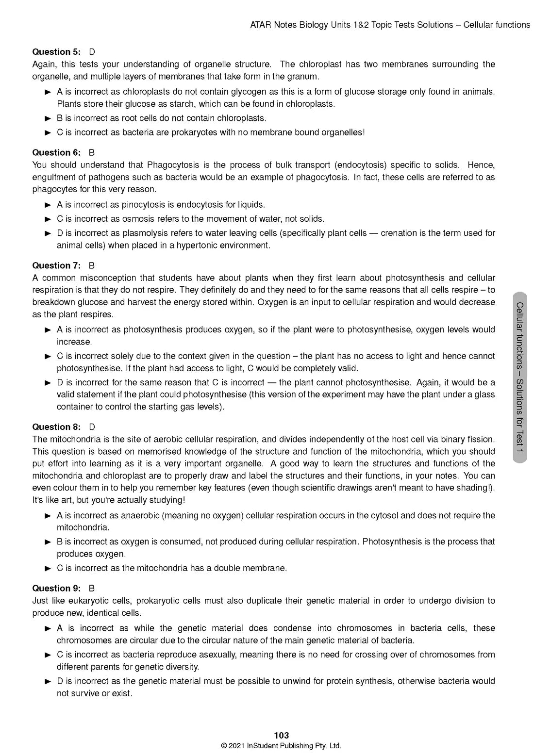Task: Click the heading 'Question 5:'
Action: [x=56, y=52]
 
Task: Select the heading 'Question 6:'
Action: [x=56, y=152]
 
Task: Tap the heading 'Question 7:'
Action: [x=56, y=265]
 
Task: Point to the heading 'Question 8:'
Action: [x=56, y=427]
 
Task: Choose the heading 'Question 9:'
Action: [x=56, y=588]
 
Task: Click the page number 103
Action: [x=281, y=736]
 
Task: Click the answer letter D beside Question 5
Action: [x=92, y=52]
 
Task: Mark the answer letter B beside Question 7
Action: [x=92, y=265]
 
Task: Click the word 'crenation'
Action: [x=399, y=233]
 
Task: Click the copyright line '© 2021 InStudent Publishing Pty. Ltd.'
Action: [x=281, y=746]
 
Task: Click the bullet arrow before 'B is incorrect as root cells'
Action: [x=48, y=118]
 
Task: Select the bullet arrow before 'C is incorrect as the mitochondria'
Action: [x=48, y=568]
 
